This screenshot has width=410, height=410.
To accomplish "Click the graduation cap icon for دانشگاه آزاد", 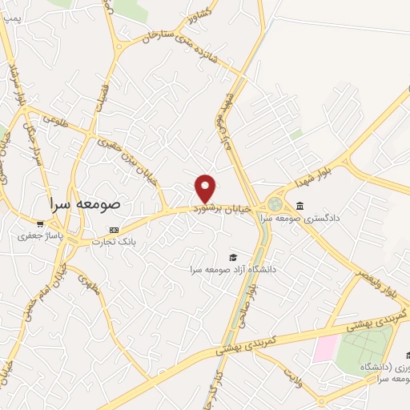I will [233, 258].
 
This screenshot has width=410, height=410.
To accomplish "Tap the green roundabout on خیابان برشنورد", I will [275, 204].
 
